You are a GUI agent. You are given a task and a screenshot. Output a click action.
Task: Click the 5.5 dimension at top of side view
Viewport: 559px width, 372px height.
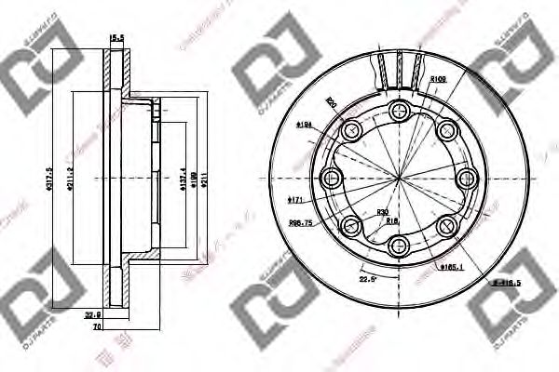[117, 38]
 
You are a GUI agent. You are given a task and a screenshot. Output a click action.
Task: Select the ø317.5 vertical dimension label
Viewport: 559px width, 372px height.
[59, 182]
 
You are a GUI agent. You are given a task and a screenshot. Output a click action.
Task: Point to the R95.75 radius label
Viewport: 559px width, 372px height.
[300, 223]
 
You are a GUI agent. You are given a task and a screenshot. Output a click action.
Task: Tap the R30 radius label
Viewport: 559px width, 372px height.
[382, 214]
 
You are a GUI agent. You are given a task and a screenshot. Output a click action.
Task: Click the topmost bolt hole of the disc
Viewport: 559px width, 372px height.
[401, 111]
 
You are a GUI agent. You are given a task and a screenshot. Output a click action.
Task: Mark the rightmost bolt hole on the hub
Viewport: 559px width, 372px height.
[468, 178]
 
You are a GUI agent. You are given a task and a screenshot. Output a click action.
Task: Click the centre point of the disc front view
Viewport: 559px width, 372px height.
[401, 178]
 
